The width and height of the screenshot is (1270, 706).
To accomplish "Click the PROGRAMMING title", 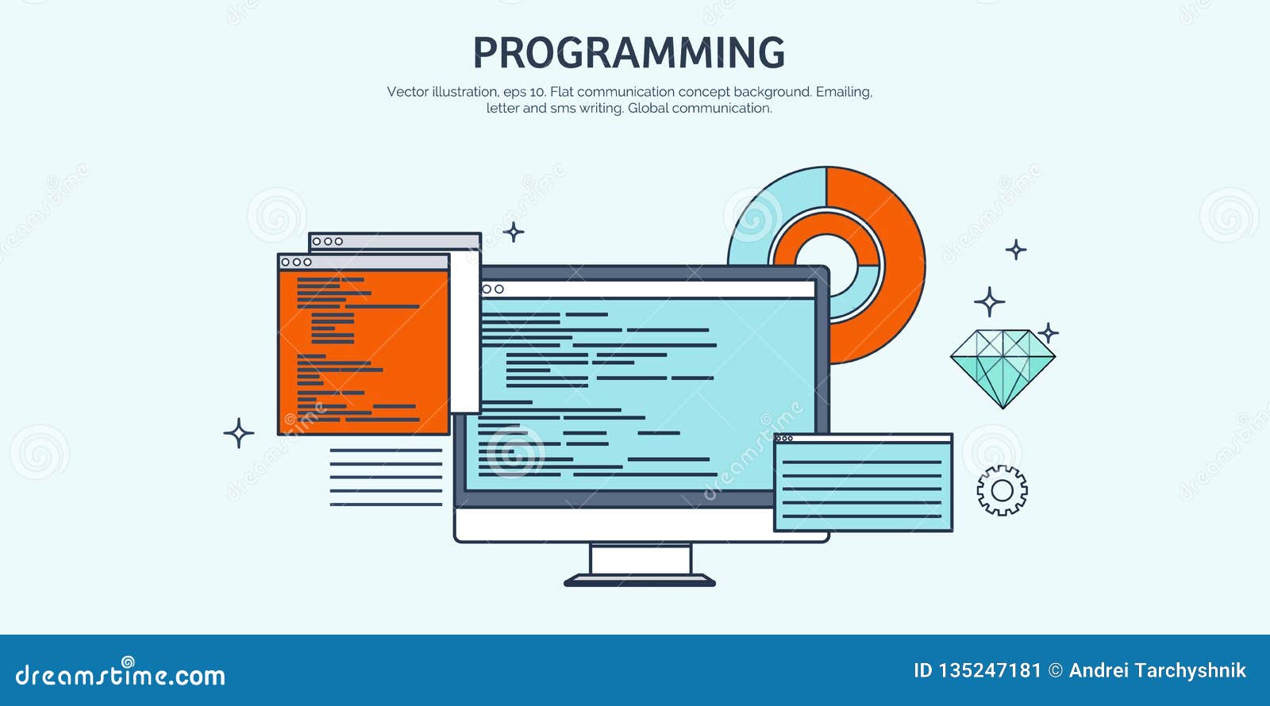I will pos(629,53).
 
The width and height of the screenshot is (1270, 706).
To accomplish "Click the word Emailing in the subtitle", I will pos(844,92).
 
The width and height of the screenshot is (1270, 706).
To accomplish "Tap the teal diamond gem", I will pos(1003,366).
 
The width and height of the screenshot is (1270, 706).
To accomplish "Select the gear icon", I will pos(1002,491).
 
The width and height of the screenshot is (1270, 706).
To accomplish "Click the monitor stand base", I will pos(640,581).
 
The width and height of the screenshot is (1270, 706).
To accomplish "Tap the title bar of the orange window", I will pos(364,262).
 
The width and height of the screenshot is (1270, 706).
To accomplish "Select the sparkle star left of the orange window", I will pos(238,433).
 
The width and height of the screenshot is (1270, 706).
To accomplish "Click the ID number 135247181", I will pos(988,671).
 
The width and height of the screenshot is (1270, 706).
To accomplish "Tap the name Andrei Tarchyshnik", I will pos(1157,671).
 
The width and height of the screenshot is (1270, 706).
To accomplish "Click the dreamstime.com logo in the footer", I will pos(121,674).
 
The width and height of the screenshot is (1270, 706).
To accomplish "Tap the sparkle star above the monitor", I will pos(514,232).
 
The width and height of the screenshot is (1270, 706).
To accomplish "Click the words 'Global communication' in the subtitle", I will pos(699,109).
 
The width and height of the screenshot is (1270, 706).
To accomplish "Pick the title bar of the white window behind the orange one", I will pos(394,241).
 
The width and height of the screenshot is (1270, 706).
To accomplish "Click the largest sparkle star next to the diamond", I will pos(989,302).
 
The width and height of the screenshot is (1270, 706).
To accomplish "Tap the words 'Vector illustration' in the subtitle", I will pos(442,92).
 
